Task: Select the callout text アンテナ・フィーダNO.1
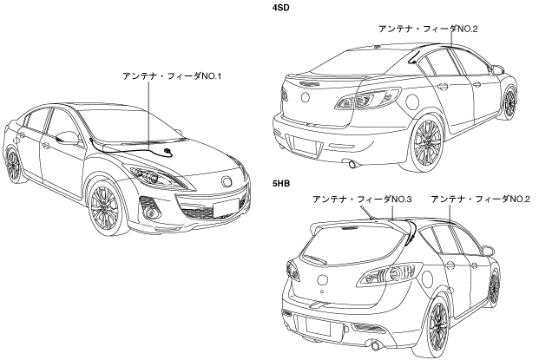[174, 76]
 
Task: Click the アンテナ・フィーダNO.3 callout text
[363, 200]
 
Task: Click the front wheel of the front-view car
[105, 206]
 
